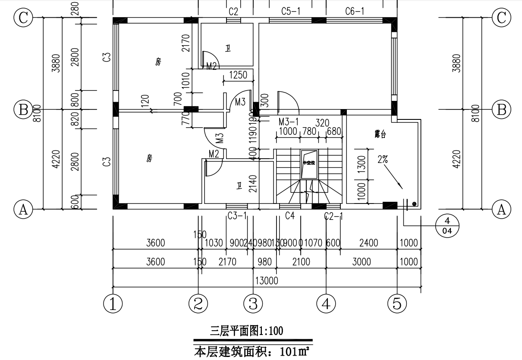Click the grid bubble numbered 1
[113, 304]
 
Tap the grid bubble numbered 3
[253, 304]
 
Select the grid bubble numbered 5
[397, 304]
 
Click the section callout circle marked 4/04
[447, 225]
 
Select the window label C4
[290, 216]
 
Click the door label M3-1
[288, 122]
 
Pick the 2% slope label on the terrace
[383, 159]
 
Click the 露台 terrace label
[380, 135]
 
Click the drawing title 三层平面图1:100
[246, 331]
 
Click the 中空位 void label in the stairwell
[309, 163]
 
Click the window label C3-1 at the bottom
[237, 216]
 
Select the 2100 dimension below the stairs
[301, 262]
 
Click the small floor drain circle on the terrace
[414, 203]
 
